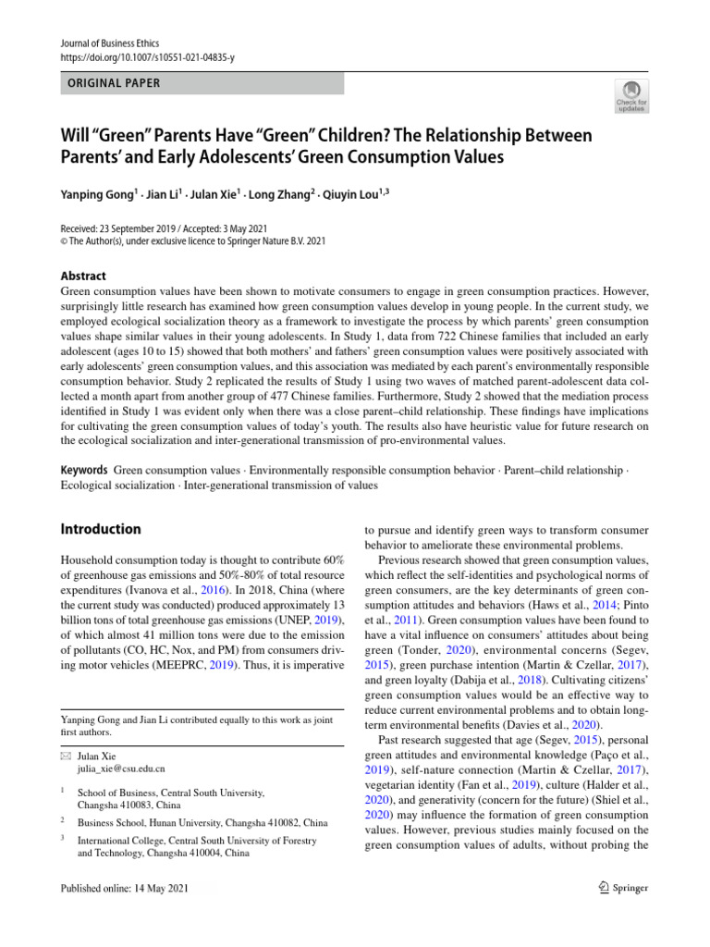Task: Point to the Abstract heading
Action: click(83, 276)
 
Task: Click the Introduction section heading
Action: click(101, 530)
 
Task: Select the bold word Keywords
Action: click(84, 471)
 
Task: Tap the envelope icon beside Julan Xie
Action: click(66, 756)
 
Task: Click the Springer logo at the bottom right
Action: click(623, 888)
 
